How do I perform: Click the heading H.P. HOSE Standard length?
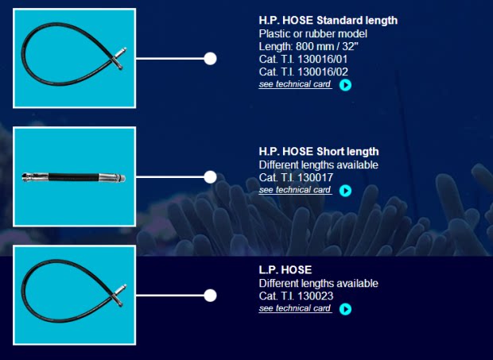(x=328, y=21)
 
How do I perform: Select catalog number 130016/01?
(x=304, y=59)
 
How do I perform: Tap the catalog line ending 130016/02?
(x=304, y=72)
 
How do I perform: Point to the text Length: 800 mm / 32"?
(x=309, y=47)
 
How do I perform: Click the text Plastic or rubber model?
(x=313, y=33)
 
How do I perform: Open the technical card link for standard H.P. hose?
(x=295, y=84)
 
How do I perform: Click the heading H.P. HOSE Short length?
(x=319, y=152)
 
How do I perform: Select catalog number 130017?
(x=296, y=177)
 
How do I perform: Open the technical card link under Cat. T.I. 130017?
(x=295, y=190)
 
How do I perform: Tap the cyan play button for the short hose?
(x=345, y=191)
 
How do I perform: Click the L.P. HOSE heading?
(x=285, y=270)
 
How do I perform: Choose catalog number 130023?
(x=296, y=296)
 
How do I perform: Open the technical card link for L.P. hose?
(x=295, y=308)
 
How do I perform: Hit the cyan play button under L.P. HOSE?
(x=345, y=309)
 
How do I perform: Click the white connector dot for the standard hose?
(x=210, y=59)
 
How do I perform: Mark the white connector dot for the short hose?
(x=210, y=177)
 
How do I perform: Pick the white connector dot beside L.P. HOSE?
(x=210, y=296)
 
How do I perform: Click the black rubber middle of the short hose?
(x=74, y=177)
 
